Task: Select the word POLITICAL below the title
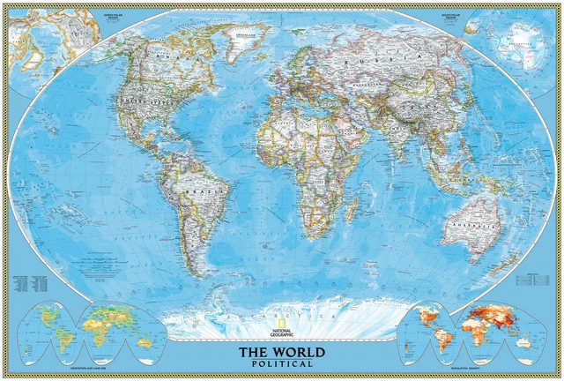coord(281,363)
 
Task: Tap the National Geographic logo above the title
coord(281,332)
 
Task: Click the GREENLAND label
coord(237,37)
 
